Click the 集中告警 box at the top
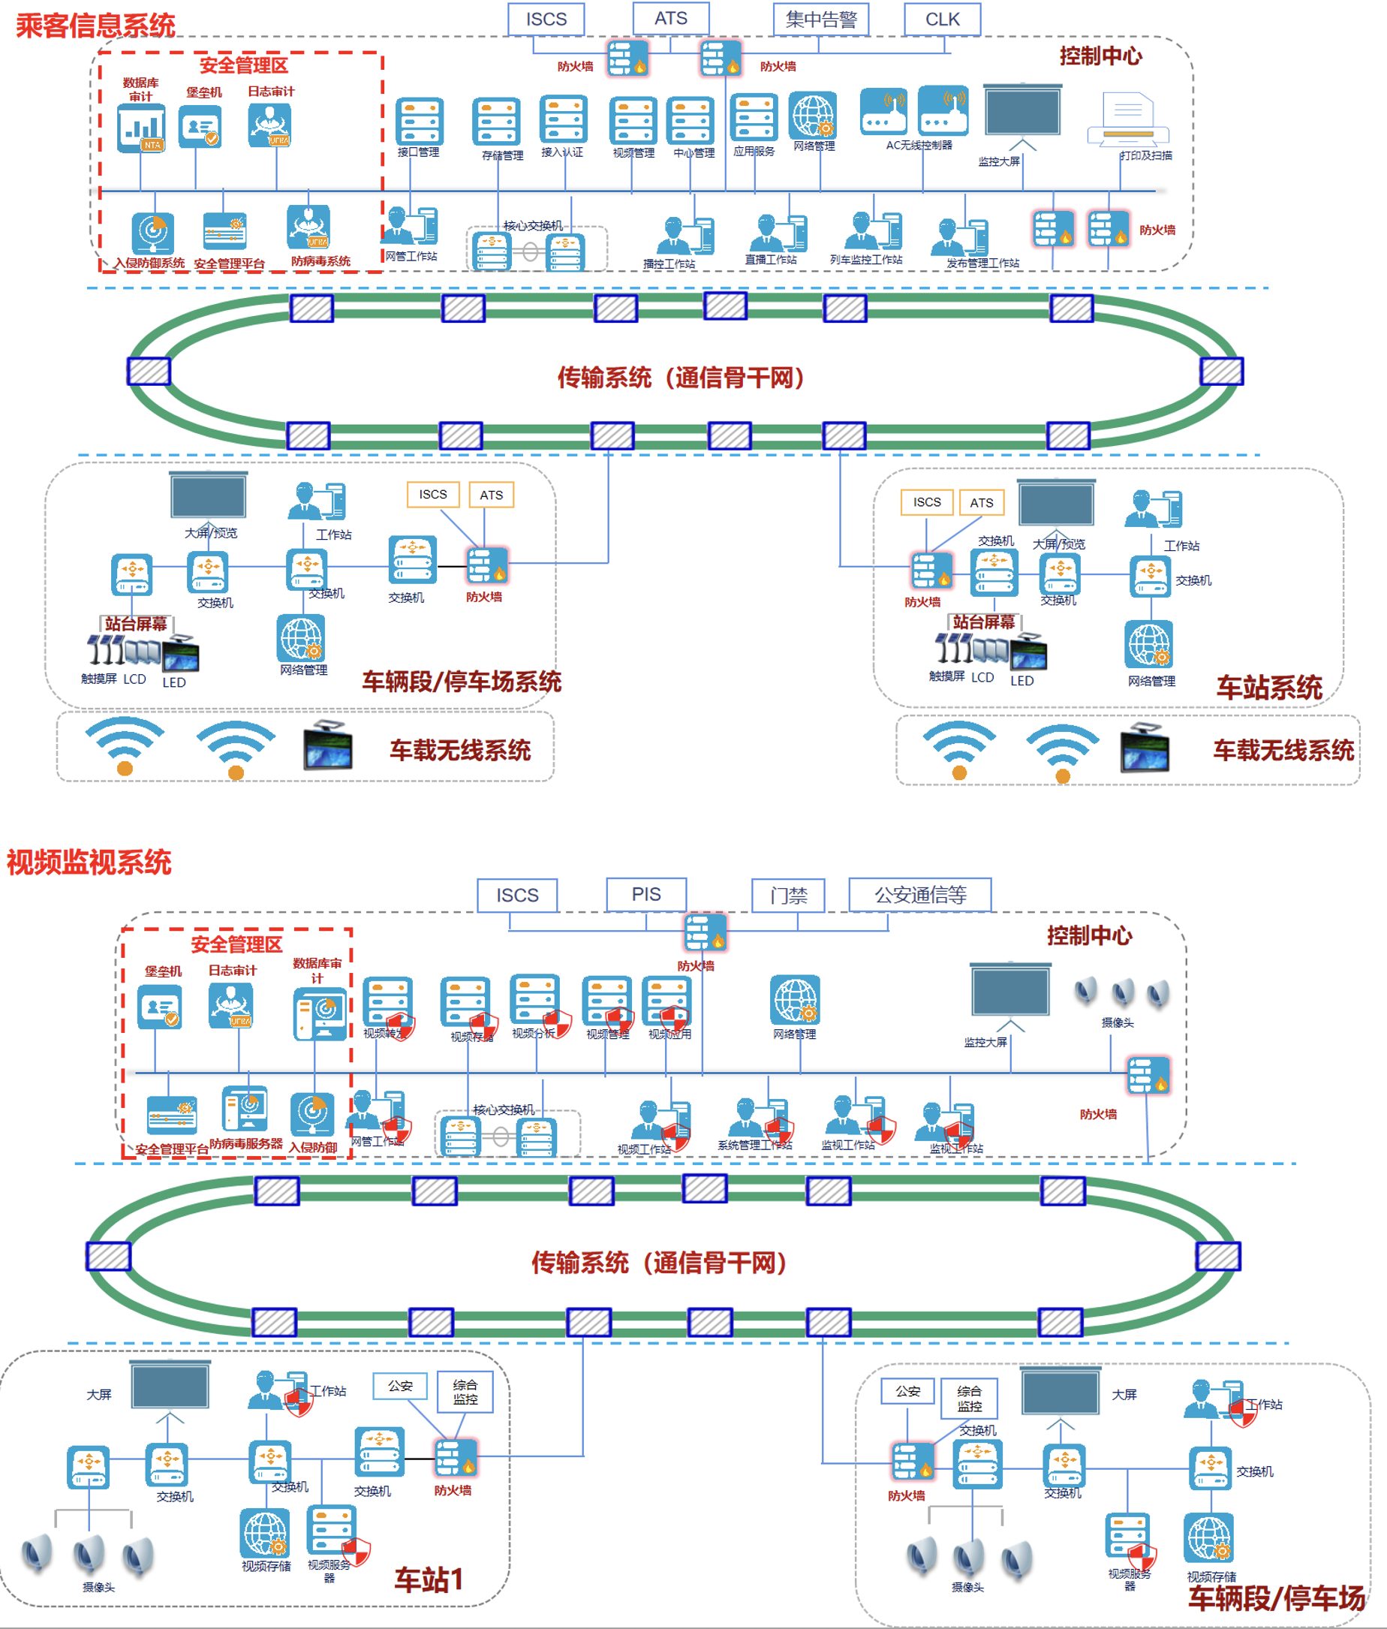point(820,20)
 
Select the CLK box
point(942,20)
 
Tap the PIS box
point(646,895)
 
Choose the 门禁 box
point(788,896)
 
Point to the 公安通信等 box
point(919,895)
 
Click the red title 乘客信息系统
point(96,26)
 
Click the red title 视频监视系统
point(89,863)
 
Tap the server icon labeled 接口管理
point(419,121)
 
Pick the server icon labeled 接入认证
point(563,119)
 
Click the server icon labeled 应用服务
point(754,118)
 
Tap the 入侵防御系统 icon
point(152,233)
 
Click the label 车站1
point(429,1579)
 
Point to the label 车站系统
point(1268,687)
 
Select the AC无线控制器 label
point(919,146)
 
